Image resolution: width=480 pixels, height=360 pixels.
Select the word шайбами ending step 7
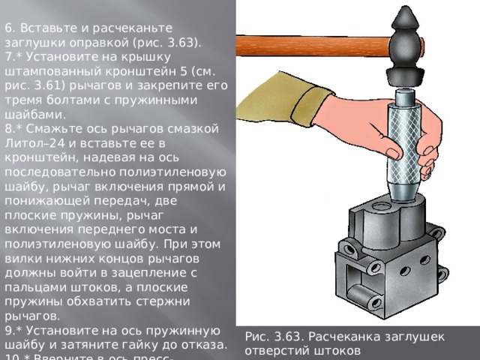pos(29,114)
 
